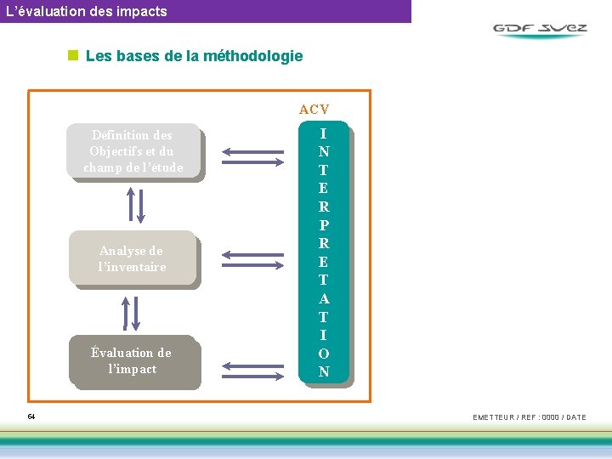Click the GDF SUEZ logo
click(540, 29)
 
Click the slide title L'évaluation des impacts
click(86, 11)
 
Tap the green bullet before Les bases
click(73, 56)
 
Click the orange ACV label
click(314, 109)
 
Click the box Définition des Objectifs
click(133, 151)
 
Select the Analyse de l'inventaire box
click(132, 258)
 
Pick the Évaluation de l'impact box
click(133, 360)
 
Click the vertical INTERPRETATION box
click(324, 252)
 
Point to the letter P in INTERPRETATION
click(324, 225)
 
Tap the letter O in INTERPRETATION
click(324, 353)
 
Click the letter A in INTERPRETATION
click(324, 298)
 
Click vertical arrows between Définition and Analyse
click(134, 204)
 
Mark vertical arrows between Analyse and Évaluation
click(132, 312)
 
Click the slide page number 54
click(31, 416)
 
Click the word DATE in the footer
click(575, 417)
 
